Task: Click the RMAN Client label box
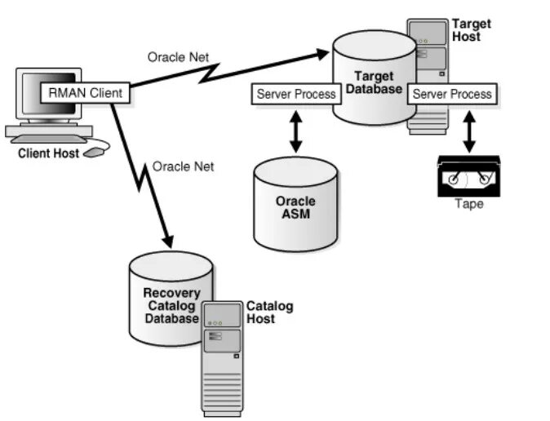[x=85, y=93]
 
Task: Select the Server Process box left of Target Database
[x=296, y=94]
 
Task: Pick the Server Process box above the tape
[x=452, y=94]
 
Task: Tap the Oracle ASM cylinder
[x=295, y=204]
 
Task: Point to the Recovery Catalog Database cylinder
[x=171, y=298]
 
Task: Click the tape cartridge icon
[x=468, y=175]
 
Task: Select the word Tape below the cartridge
[x=468, y=204]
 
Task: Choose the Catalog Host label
[x=269, y=312]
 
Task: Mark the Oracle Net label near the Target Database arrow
[x=178, y=57]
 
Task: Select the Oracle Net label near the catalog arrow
[x=183, y=166]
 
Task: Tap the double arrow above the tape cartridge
[x=468, y=131]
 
